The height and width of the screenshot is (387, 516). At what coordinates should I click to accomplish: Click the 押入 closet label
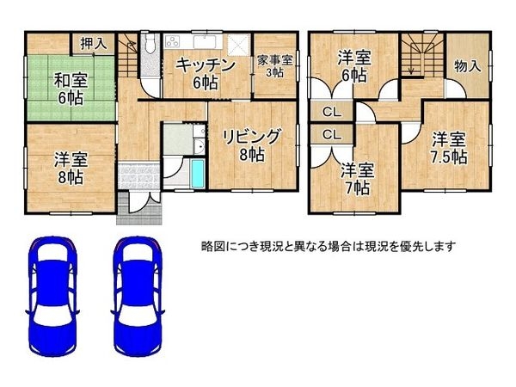pyautogui.click(x=93, y=43)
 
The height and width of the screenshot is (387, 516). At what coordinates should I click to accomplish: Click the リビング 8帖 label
pyautogui.click(x=251, y=144)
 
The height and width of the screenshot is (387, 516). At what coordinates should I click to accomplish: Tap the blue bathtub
pyautogui.click(x=198, y=172)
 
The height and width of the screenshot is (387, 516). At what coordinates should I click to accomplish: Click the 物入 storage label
pyautogui.click(x=467, y=66)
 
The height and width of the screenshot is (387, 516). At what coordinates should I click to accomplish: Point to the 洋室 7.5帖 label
pyautogui.click(x=449, y=148)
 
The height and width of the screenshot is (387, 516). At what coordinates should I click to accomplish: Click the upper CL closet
pyautogui.click(x=330, y=111)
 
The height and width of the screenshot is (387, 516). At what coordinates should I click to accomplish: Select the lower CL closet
pyautogui.click(x=330, y=135)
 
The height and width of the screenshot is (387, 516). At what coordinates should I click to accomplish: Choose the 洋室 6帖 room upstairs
pyautogui.click(x=353, y=66)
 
